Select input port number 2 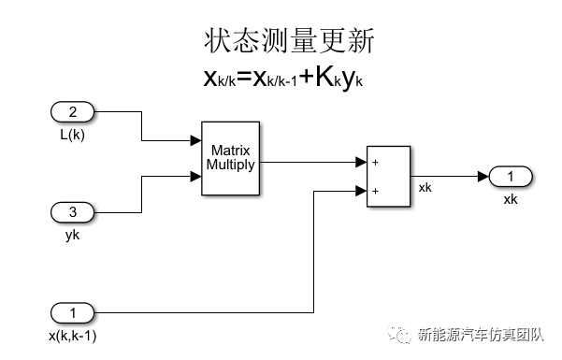point(72,114)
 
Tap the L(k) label point(72,134)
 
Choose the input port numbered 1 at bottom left point(72,311)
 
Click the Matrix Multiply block point(230,157)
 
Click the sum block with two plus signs point(388,176)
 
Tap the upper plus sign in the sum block point(375,162)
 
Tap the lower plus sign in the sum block point(375,191)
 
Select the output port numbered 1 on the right point(510,177)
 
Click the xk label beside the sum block point(425,188)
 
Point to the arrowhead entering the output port point(482,177)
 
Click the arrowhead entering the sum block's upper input point(362,162)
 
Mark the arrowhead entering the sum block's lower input point(362,191)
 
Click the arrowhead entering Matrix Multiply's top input point(196,142)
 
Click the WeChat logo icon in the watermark point(403,334)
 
